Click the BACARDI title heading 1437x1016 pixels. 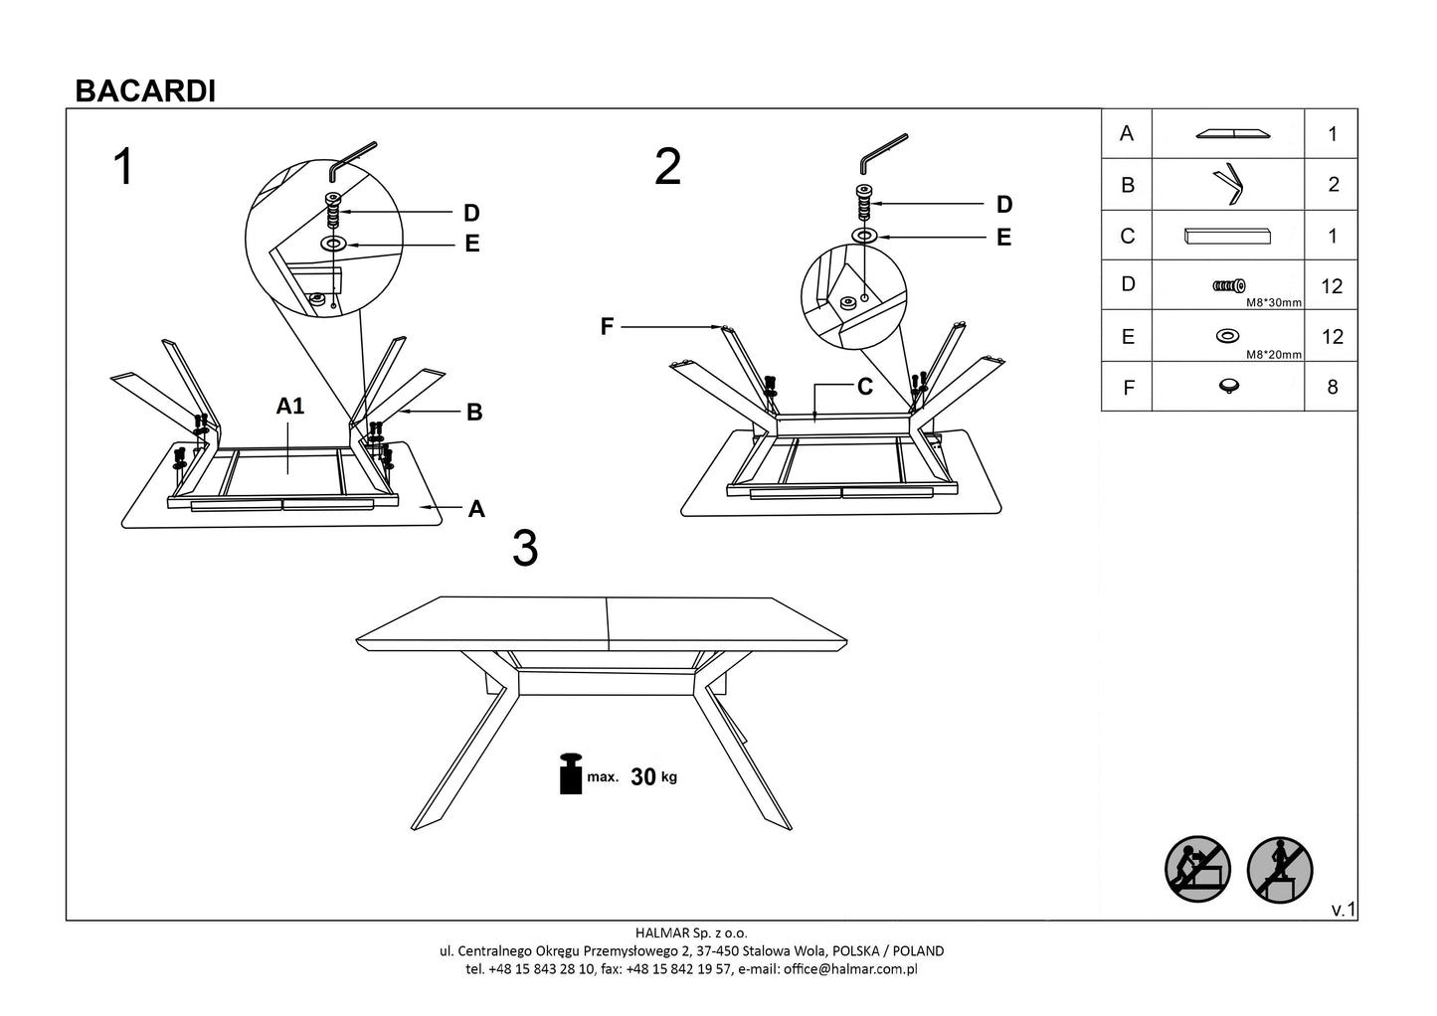(145, 91)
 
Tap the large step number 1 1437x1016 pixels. (123, 167)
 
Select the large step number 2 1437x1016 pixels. (668, 167)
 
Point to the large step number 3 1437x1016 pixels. (525, 548)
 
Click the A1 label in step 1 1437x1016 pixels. (289, 406)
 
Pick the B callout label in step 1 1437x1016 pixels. (474, 413)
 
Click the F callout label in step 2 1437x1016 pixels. (607, 326)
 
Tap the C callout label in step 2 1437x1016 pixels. (864, 387)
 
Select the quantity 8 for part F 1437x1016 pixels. (1333, 387)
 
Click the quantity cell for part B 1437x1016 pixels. (1333, 185)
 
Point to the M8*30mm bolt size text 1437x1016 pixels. (1274, 302)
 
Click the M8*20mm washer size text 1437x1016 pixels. (1274, 353)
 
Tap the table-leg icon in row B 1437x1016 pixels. (1228, 184)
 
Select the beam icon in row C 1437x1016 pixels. (1228, 237)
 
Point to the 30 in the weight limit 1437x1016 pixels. (643, 777)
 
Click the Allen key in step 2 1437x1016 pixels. (883, 150)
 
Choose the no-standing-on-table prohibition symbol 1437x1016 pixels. (1280, 870)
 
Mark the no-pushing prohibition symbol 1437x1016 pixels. (1197, 870)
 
